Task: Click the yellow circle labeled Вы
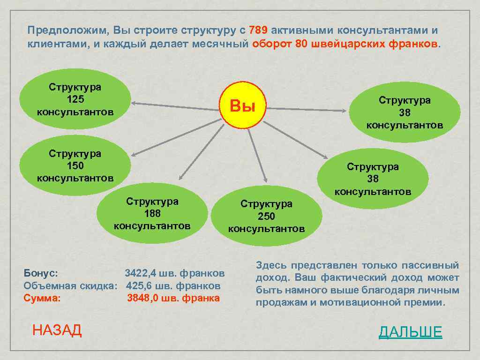tap(242, 106)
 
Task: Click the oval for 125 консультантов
tap(75, 99)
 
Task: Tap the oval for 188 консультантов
tap(152, 214)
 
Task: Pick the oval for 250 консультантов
tap(266, 216)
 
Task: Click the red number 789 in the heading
tap(258, 30)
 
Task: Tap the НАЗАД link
tap(57, 330)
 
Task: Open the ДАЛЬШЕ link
tap(410, 332)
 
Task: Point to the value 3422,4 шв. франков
tap(174, 273)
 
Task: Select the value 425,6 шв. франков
tap(173, 285)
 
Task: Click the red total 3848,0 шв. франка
tap(173, 298)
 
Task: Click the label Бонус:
tap(41, 273)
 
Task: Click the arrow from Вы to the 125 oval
tap(176, 105)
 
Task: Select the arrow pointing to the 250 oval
tap(257, 155)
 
